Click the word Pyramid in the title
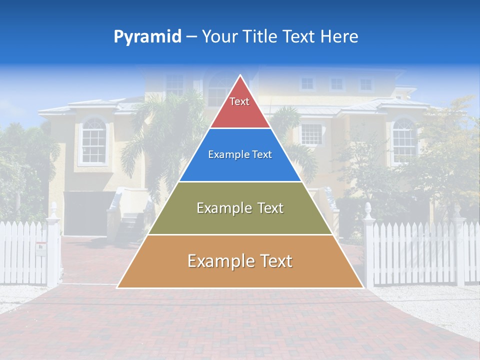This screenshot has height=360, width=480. pos(147,37)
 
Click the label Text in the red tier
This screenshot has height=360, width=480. pos(239,101)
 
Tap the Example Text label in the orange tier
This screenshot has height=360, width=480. pos(240,261)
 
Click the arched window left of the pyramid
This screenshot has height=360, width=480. pos(93,141)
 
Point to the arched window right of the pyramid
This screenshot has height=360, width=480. pos(403,141)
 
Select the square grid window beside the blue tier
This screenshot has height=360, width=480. pos(311,134)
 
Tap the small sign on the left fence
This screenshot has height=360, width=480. pos(40,246)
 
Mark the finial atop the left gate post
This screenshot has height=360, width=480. pos(53,207)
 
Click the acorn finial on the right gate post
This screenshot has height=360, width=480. pos(368,209)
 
